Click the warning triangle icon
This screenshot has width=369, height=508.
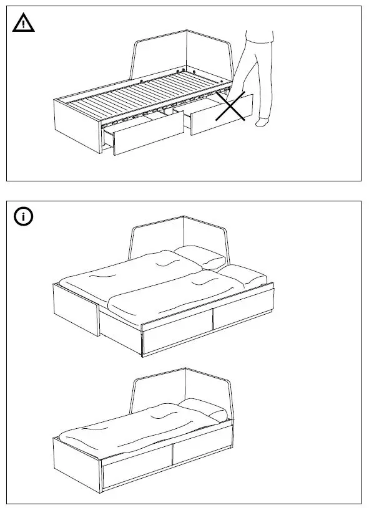click(x=24, y=24)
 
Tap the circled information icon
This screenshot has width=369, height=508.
click(x=24, y=217)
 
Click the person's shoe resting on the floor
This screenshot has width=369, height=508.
click(x=262, y=122)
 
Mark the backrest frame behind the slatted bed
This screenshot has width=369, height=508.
click(x=187, y=50)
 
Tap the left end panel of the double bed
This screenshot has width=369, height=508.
click(x=75, y=312)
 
